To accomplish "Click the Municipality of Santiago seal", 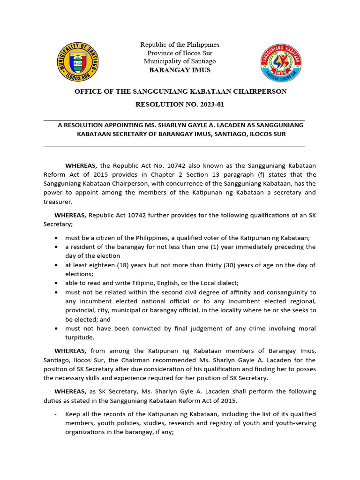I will click(78, 61).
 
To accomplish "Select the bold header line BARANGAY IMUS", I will click(180, 70).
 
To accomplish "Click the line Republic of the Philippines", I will click(180, 45).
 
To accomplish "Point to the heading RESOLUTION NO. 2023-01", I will click(180, 105).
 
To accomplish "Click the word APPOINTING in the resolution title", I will click(112, 125).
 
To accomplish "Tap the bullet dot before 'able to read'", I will click(56, 284).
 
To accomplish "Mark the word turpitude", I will click(80, 337).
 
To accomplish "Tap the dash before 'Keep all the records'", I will click(56, 414).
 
